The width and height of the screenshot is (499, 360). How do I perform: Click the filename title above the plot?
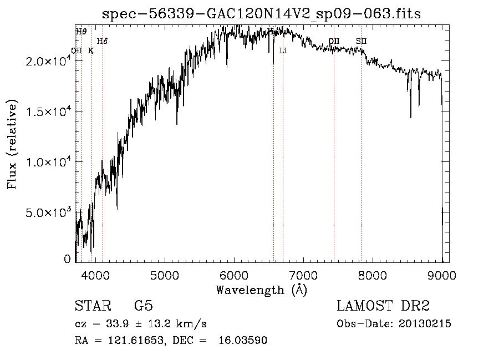pyautogui.click(x=261, y=14)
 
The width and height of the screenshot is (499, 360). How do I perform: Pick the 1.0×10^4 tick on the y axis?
pyautogui.click(x=48, y=162)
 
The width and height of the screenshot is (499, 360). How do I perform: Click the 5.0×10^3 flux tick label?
pyautogui.click(x=48, y=212)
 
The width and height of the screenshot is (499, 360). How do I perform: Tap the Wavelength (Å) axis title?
pyautogui.click(x=261, y=290)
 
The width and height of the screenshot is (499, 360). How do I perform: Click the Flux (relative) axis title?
pyautogui.click(x=12, y=145)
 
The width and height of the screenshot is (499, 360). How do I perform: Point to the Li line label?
pyautogui.click(x=283, y=51)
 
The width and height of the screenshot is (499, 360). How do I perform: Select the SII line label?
pyautogui.click(x=361, y=41)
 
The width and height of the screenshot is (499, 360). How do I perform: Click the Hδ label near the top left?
pyautogui.click(x=102, y=41)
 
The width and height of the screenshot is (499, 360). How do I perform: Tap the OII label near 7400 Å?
pyautogui.click(x=334, y=41)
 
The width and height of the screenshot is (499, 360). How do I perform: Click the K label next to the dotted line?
pyautogui.click(x=91, y=51)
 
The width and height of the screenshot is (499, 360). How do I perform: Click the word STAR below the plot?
pyautogui.click(x=92, y=306)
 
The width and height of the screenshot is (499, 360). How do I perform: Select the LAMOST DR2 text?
pyautogui.click(x=383, y=306)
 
